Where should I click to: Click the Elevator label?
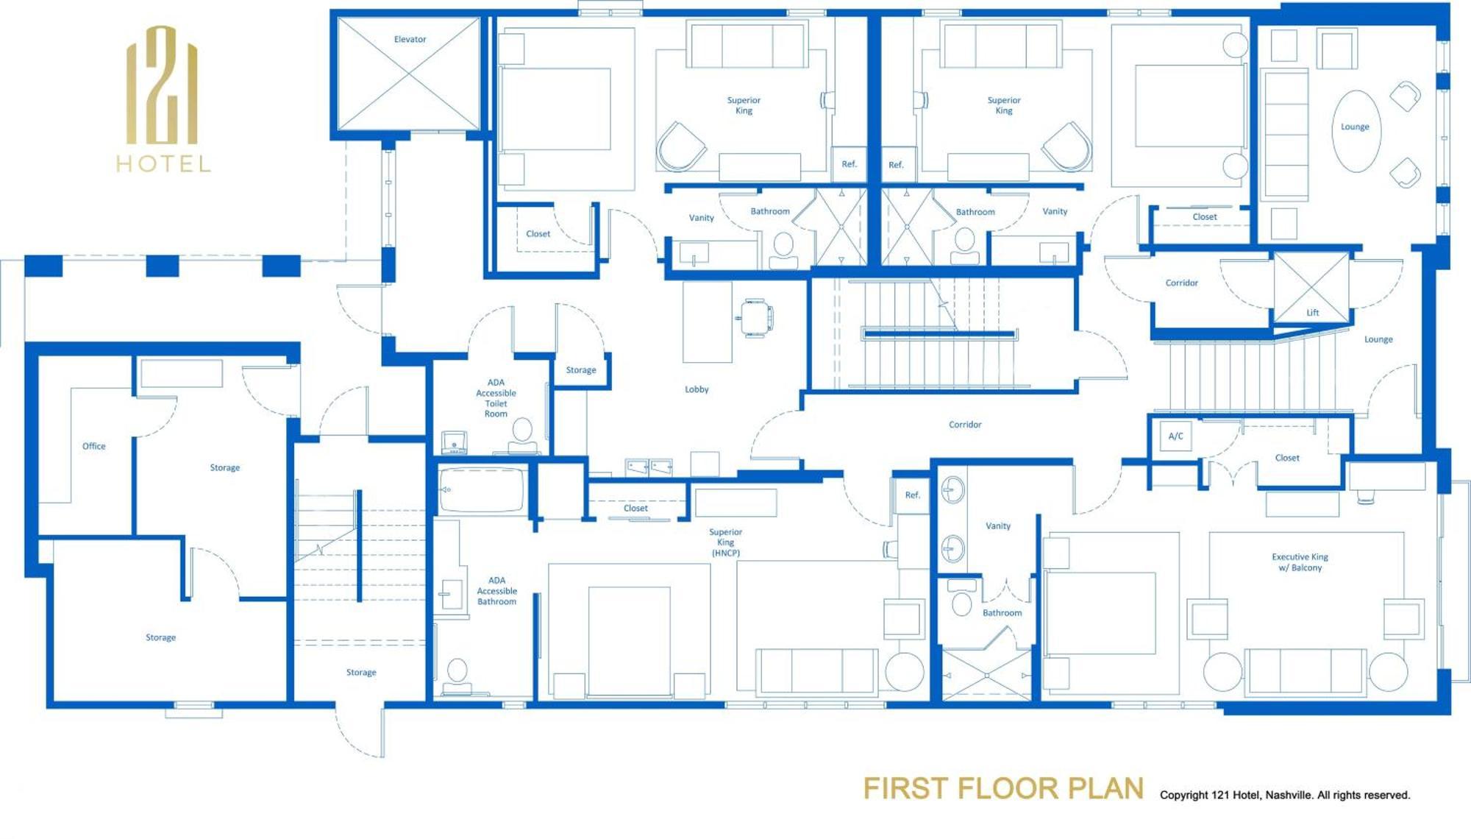click(410, 40)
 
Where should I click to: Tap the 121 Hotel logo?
click(163, 99)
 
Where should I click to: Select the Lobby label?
click(697, 389)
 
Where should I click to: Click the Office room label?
click(93, 446)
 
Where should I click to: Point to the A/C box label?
click(1175, 436)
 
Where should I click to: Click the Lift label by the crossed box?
click(1312, 313)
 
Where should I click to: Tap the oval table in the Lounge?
click(1355, 131)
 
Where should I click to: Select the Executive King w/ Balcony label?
click(1300, 562)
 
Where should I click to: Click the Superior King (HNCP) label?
click(725, 542)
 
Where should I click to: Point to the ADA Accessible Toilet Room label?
click(496, 398)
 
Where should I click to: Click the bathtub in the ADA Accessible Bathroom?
click(482, 489)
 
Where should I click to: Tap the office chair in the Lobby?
click(756, 318)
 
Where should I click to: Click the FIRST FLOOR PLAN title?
click(1002, 788)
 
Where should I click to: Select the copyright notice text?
click(1284, 795)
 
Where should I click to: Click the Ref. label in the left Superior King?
click(849, 164)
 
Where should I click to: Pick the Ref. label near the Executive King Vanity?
click(912, 495)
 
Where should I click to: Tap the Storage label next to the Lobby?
click(580, 370)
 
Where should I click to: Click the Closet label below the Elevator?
click(538, 234)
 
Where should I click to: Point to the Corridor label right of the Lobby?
click(964, 425)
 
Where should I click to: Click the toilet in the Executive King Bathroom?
click(961, 603)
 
